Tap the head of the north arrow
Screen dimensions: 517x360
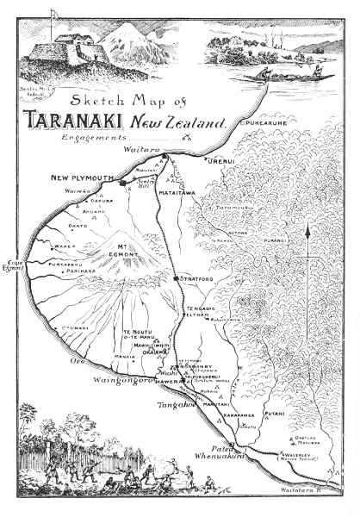click(x=307, y=225)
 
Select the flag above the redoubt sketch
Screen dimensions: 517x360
click(x=54, y=13)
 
